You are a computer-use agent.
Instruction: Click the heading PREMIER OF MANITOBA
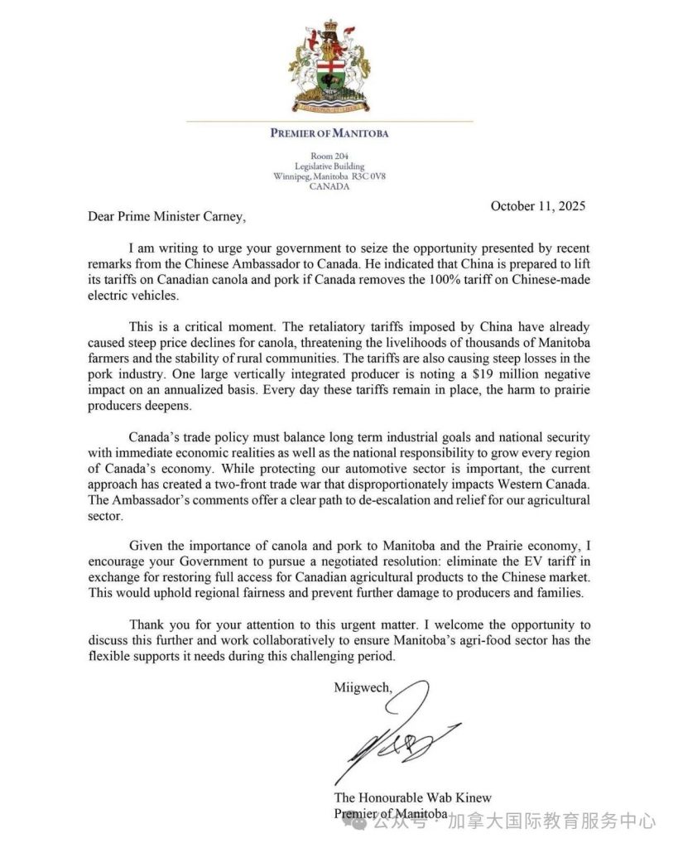[329, 132]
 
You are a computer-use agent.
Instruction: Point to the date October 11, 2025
[538, 206]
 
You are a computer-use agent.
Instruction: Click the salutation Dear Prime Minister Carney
[166, 218]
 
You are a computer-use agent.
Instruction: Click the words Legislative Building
[329, 166]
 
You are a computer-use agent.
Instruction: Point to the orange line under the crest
[329, 121]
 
